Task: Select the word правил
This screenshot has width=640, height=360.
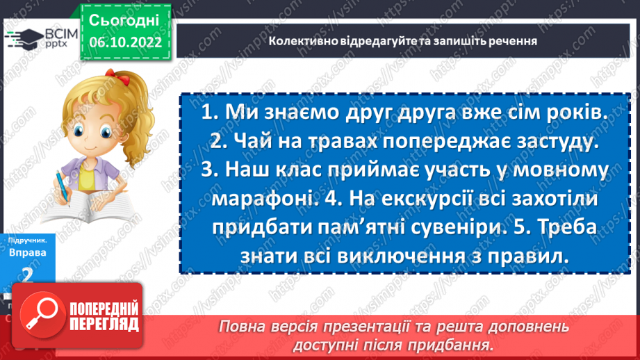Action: (x=532, y=256)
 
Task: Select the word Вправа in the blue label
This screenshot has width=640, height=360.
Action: (x=27, y=253)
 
